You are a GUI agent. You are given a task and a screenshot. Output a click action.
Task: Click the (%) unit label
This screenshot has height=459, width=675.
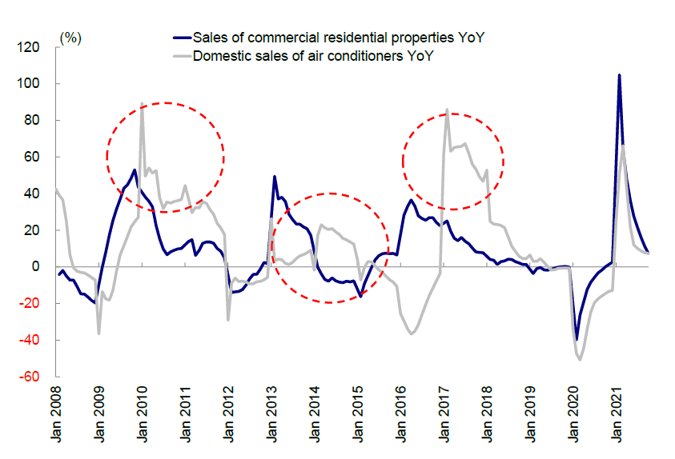[x=70, y=37]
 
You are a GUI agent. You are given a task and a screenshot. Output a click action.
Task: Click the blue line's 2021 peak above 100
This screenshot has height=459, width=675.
[x=619, y=75]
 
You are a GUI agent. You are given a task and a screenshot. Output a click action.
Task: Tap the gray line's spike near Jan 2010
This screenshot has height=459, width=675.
[x=142, y=103]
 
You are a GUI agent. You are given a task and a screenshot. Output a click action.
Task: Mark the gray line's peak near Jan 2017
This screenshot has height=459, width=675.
[x=447, y=110]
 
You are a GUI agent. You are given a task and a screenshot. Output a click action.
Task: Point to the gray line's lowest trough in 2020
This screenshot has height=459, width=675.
[x=579, y=360]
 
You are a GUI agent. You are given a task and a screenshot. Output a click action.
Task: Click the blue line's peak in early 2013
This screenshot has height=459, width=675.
[x=275, y=176]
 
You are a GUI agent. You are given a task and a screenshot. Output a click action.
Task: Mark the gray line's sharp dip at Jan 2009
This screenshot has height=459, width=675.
[x=98, y=333]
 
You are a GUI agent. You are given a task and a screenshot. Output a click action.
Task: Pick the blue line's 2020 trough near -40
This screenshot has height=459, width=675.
[x=577, y=340]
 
